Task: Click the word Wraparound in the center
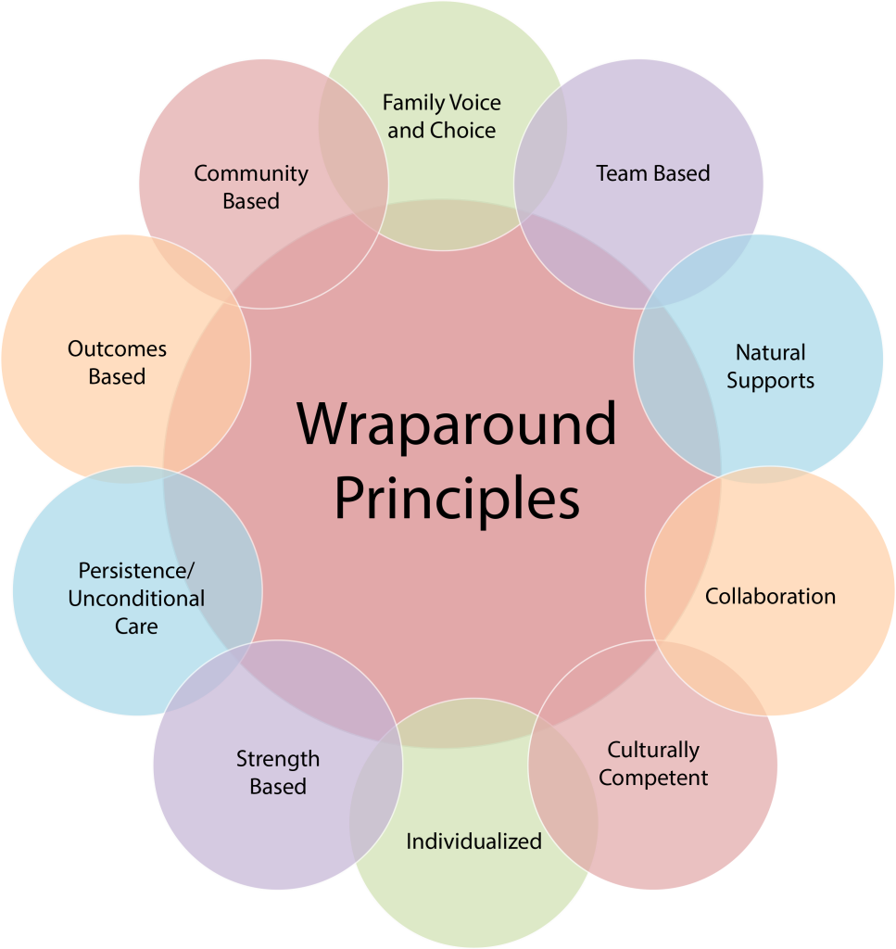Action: click(x=456, y=424)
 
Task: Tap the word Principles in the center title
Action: click(x=457, y=498)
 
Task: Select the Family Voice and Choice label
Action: click(x=442, y=116)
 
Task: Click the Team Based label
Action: click(x=653, y=173)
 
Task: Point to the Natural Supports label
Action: click(x=770, y=366)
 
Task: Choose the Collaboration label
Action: click(x=770, y=596)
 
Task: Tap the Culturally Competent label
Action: click(x=653, y=764)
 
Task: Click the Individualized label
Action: click(x=473, y=841)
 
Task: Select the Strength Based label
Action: click(x=278, y=772)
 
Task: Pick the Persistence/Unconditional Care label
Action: click(x=136, y=598)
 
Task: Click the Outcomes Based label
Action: click(x=117, y=362)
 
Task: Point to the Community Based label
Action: click(x=251, y=187)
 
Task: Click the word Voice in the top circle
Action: click(x=475, y=103)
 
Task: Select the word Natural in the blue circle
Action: click(x=770, y=352)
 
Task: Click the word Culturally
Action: click(x=653, y=751)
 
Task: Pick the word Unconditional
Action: click(x=136, y=598)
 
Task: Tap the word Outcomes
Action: click(x=117, y=349)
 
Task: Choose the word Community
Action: click(x=251, y=174)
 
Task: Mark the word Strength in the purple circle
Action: click(x=278, y=760)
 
